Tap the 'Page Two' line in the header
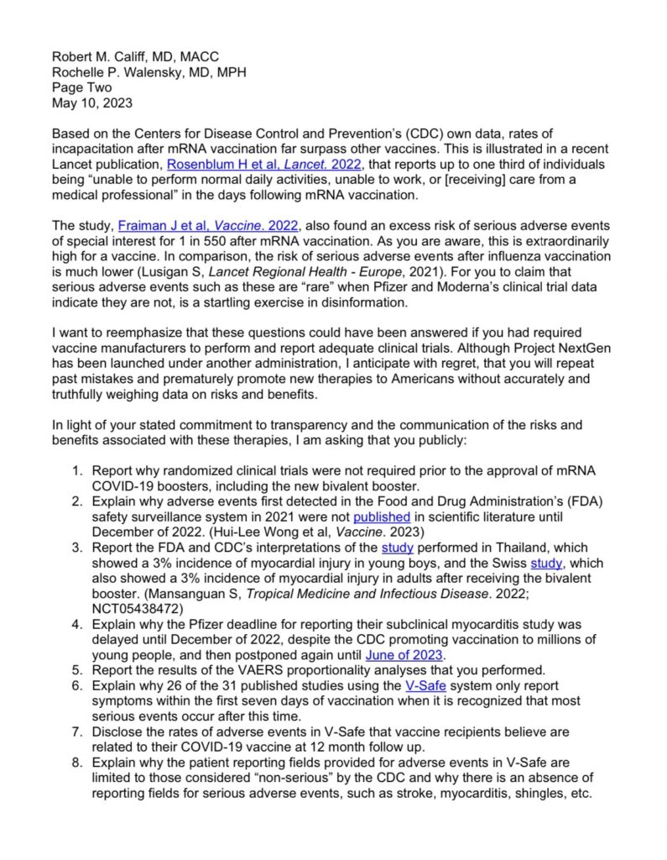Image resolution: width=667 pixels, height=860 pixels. [x=81, y=87]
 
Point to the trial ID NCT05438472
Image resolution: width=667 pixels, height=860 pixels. [x=135, y=608]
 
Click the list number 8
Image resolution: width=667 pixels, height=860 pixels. [x=76, y=762]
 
